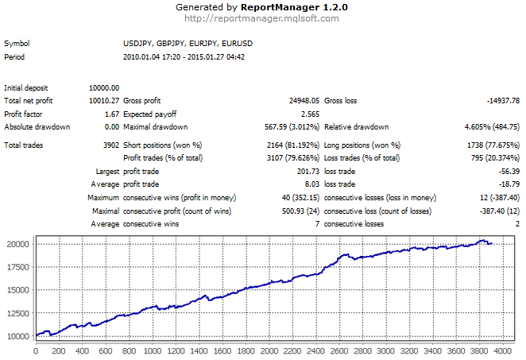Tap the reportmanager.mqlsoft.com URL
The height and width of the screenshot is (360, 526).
pos(262,17)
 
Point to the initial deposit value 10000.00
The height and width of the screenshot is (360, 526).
pos(104,87)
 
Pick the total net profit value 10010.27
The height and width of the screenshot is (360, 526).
pos(104,101)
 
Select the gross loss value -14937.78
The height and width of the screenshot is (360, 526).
pos(503,101)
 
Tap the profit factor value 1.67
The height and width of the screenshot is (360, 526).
pos(111,114)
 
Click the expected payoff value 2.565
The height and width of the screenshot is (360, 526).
pos(308,114)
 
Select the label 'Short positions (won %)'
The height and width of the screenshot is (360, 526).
pos(163,145)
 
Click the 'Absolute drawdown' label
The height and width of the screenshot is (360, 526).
pos(37,127)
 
